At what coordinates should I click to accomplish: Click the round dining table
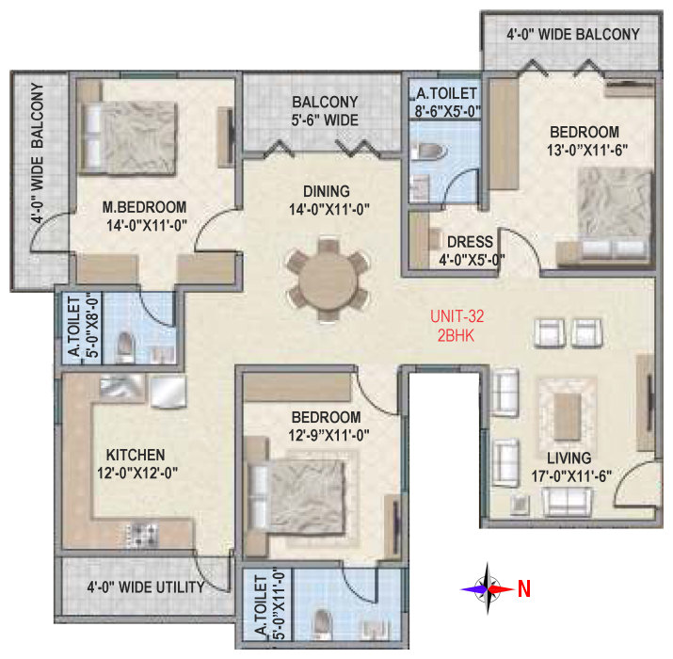pos(328,280)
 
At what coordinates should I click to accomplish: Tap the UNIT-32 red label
pos(457,316)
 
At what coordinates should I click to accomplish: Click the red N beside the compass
pos(524,588)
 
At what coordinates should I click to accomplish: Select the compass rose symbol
pos(488,588)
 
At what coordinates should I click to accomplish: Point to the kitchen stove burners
pos(142,535)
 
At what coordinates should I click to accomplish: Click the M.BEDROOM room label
pos(144,207)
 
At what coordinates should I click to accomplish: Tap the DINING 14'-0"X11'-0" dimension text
pos(329,210)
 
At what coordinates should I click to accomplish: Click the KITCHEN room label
pos(136,455)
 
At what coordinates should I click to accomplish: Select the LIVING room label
pos(569,458)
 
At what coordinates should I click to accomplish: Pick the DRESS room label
pos(470,242)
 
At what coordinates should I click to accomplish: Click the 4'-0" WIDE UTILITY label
pos(146,587)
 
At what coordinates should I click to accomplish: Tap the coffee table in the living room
pos(568,415)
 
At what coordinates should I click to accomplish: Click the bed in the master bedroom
pos(128,138)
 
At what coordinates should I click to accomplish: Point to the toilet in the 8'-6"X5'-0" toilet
pos(429,152)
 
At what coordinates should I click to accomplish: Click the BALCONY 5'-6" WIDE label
pos(325,111)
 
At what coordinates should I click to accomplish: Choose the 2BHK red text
pos(456,335)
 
